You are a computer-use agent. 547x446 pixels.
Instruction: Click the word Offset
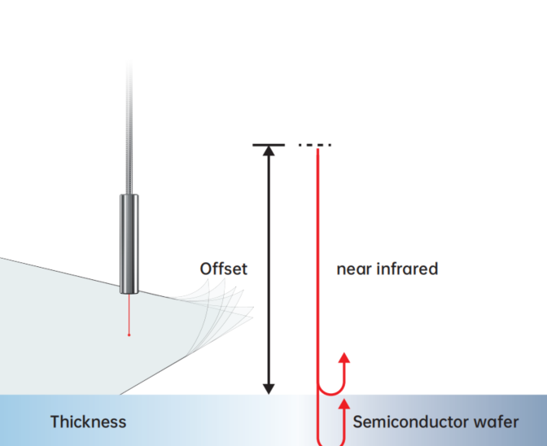pos(223,269)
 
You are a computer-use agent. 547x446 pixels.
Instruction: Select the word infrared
pos(411,269)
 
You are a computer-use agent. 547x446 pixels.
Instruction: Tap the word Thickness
pos(88,422)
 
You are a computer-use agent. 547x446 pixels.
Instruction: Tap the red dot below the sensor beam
pos(129,334)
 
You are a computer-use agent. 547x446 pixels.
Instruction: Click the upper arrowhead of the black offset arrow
pos(269,152)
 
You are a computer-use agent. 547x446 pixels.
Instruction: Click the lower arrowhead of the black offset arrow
pos(269,388)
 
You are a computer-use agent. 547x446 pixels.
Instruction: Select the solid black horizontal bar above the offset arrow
pos(269,145)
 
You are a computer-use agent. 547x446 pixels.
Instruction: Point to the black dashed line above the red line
pos(315,145)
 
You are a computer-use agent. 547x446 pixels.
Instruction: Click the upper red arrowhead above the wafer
pos(344,358)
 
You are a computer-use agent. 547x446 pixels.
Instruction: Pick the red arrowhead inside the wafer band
pos(344,404)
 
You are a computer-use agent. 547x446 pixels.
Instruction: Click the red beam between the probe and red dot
pos(129,313)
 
